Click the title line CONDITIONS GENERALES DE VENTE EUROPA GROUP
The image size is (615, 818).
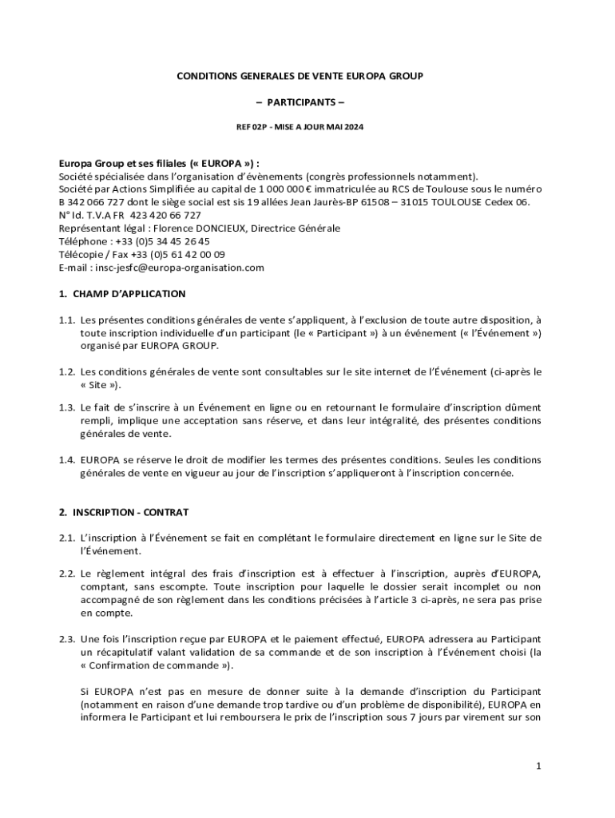pos(300,77)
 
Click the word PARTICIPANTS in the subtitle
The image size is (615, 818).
pos(300,102)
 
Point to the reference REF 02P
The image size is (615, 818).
pos(249,128)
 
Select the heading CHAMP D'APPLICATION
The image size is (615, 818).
pos(128,294)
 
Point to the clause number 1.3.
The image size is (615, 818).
pos(66,407)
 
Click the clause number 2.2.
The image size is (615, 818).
pos(66,574)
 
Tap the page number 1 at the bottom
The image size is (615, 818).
pos(539,767)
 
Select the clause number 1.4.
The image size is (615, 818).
pos(66,460)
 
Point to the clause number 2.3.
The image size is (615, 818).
pos(66,639)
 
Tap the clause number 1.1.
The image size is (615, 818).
pos(66,320)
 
